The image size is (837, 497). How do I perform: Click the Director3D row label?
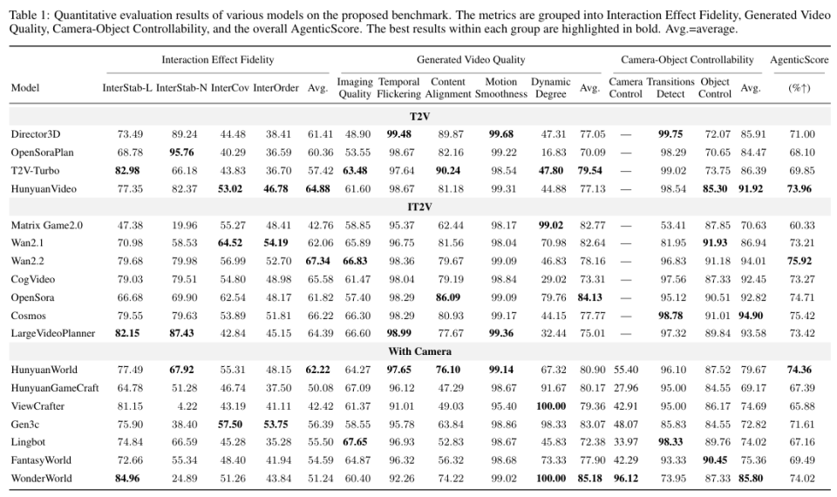tap(36, 134)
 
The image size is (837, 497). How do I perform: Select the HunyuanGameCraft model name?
tap(55, 388)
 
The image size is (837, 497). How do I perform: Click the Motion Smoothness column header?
tap(501, 87)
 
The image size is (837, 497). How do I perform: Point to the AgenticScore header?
tap(800, 60)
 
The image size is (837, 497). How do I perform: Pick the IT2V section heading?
tap(419, 207)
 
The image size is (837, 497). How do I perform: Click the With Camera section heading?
tap(419, 351)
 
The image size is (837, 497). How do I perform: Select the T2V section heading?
tap(419, 116)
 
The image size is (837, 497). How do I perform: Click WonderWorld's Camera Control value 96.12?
tap(626, 479)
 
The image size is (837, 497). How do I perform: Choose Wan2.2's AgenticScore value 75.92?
tap(800, 261)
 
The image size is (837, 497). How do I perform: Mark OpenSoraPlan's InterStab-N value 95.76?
tap(181, 152)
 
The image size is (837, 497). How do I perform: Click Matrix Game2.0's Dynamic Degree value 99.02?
tap(551, 225)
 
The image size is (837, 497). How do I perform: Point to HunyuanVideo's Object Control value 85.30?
tap(715, 189)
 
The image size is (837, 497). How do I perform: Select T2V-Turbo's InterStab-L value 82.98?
tap(127, 171)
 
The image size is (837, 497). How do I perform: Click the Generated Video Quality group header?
tap(471, 60)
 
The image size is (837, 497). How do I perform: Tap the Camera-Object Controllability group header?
tap(688, 60)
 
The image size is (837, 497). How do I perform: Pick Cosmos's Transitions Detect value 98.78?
tap(670, 316)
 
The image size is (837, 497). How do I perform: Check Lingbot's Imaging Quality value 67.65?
tap(355, 442)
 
